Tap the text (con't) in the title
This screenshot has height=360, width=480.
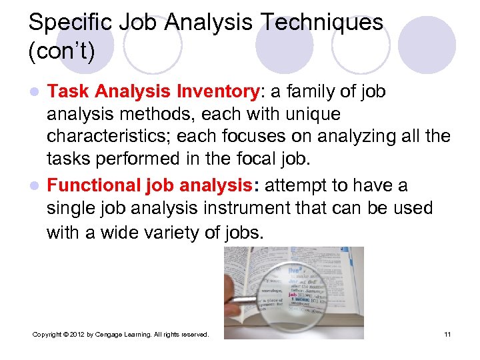click(x=61, y=51)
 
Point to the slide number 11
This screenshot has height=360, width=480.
click(x=447, y=334)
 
